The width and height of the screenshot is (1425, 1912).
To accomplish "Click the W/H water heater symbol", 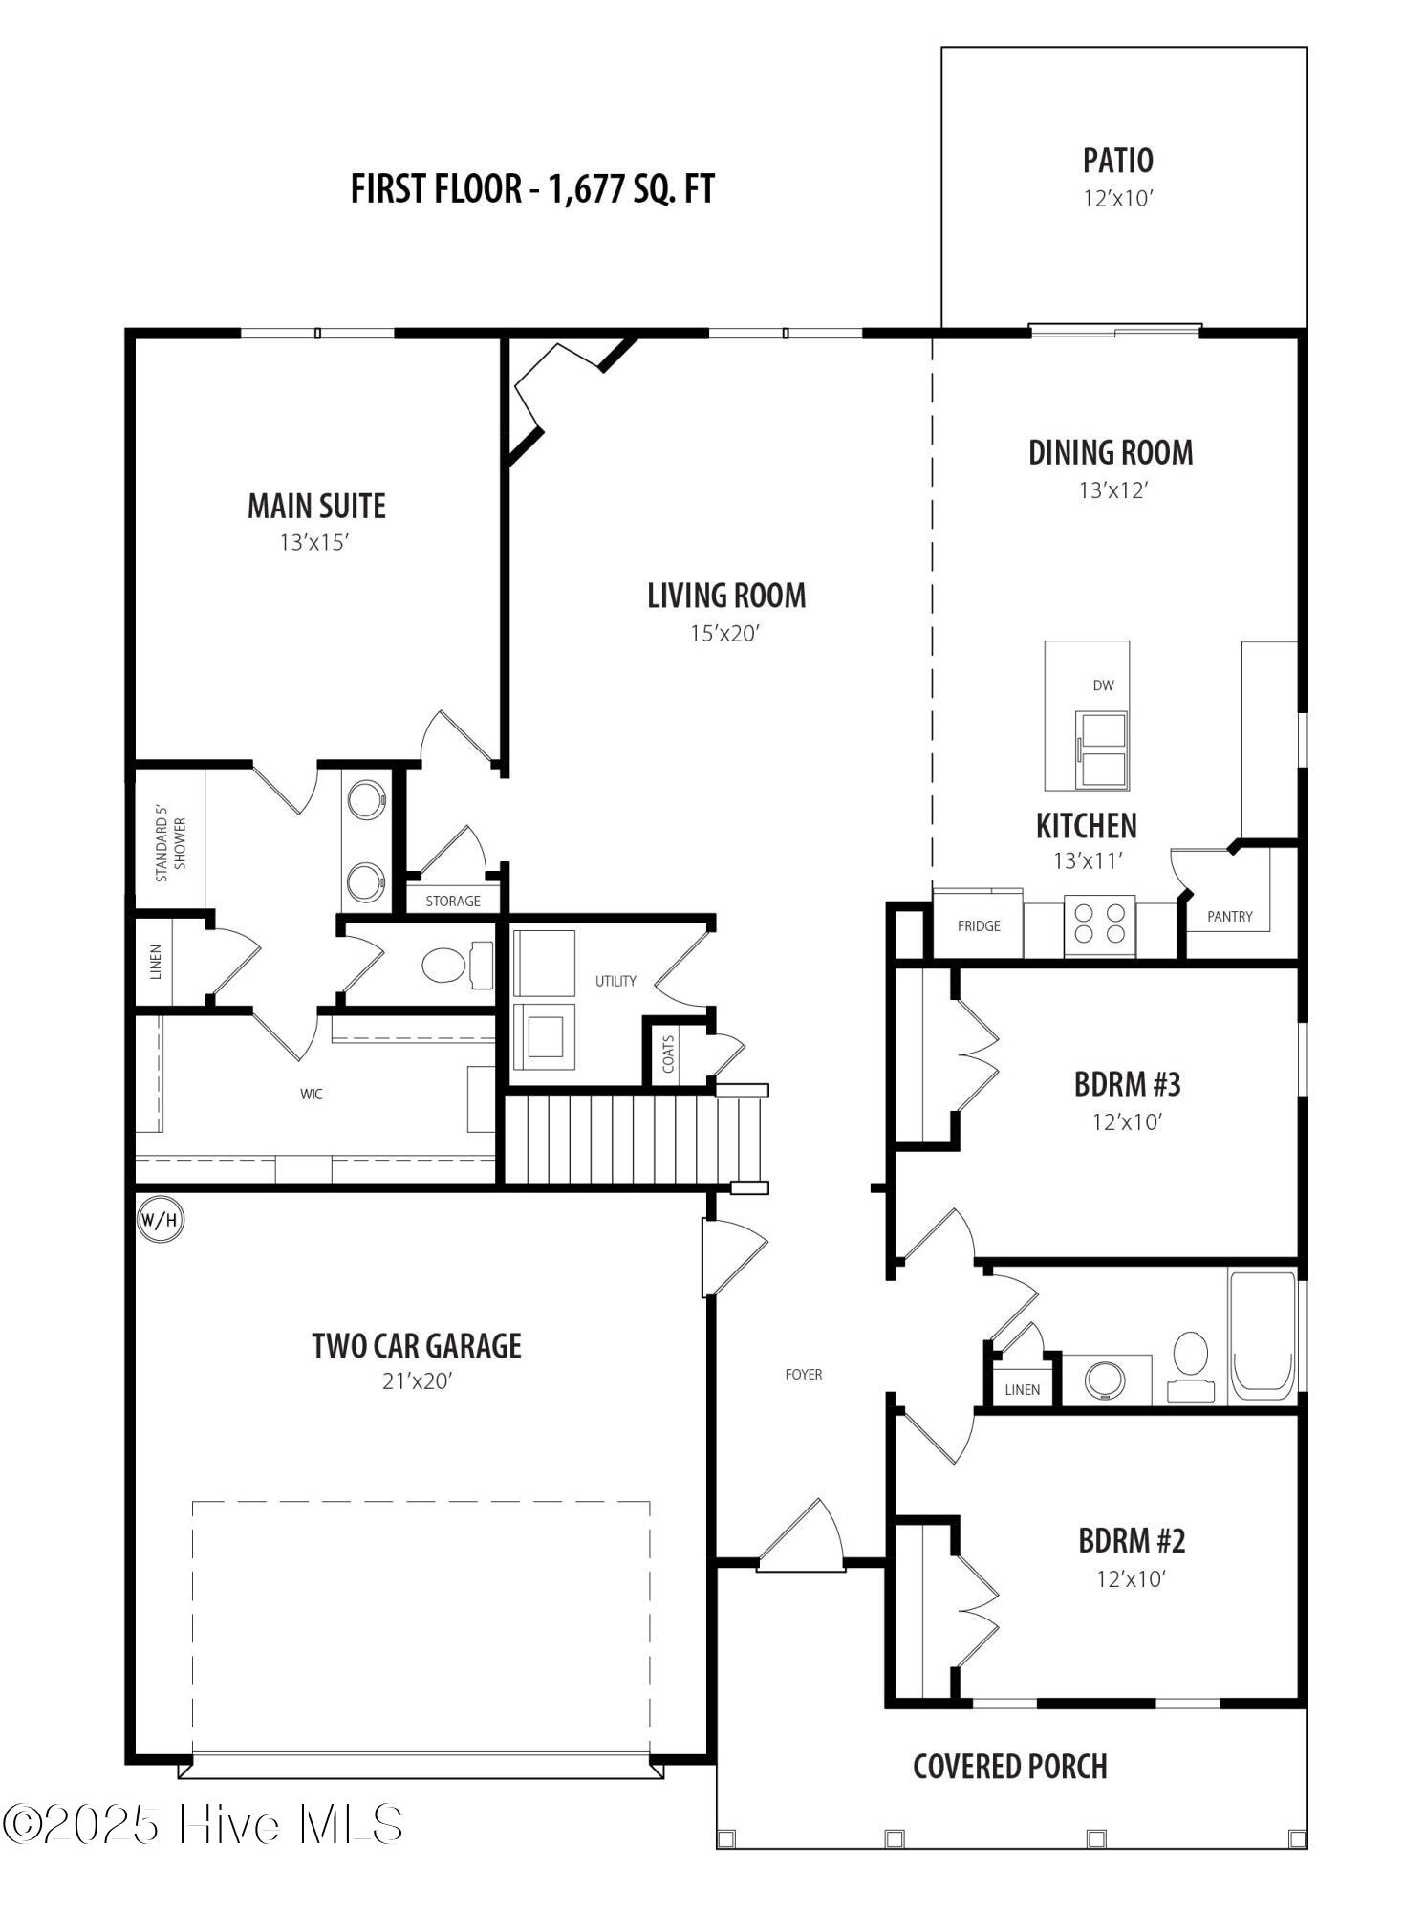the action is pos(160,1220).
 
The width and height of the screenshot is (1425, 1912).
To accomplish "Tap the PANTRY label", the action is pos(1229,916).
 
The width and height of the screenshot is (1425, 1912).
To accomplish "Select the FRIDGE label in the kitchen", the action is pos(979,925).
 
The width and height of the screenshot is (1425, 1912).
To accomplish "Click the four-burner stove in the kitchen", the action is pos(1099,924).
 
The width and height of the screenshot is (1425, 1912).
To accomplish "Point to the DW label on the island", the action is pos(1103,684).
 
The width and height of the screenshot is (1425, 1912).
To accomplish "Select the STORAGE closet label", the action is pos(453,901).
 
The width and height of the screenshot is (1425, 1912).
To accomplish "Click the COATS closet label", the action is pos(668,1054).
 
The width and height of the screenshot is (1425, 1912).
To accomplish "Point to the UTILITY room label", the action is pos(615,981).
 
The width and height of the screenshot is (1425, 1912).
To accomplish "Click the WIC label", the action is pos(312,1094).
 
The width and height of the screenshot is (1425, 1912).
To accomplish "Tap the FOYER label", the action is pos(803,1374).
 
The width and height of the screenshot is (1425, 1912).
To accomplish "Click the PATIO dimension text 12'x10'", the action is pos(1118,199).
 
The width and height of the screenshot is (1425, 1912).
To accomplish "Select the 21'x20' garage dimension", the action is pos(417,1381).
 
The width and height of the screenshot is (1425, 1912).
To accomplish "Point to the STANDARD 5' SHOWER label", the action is pos(171,843).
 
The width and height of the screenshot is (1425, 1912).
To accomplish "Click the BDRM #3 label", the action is pos(1128,1084).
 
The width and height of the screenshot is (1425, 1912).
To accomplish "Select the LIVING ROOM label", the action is pos(726,596).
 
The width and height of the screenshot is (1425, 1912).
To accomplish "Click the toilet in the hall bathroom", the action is pos(1191,1367).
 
